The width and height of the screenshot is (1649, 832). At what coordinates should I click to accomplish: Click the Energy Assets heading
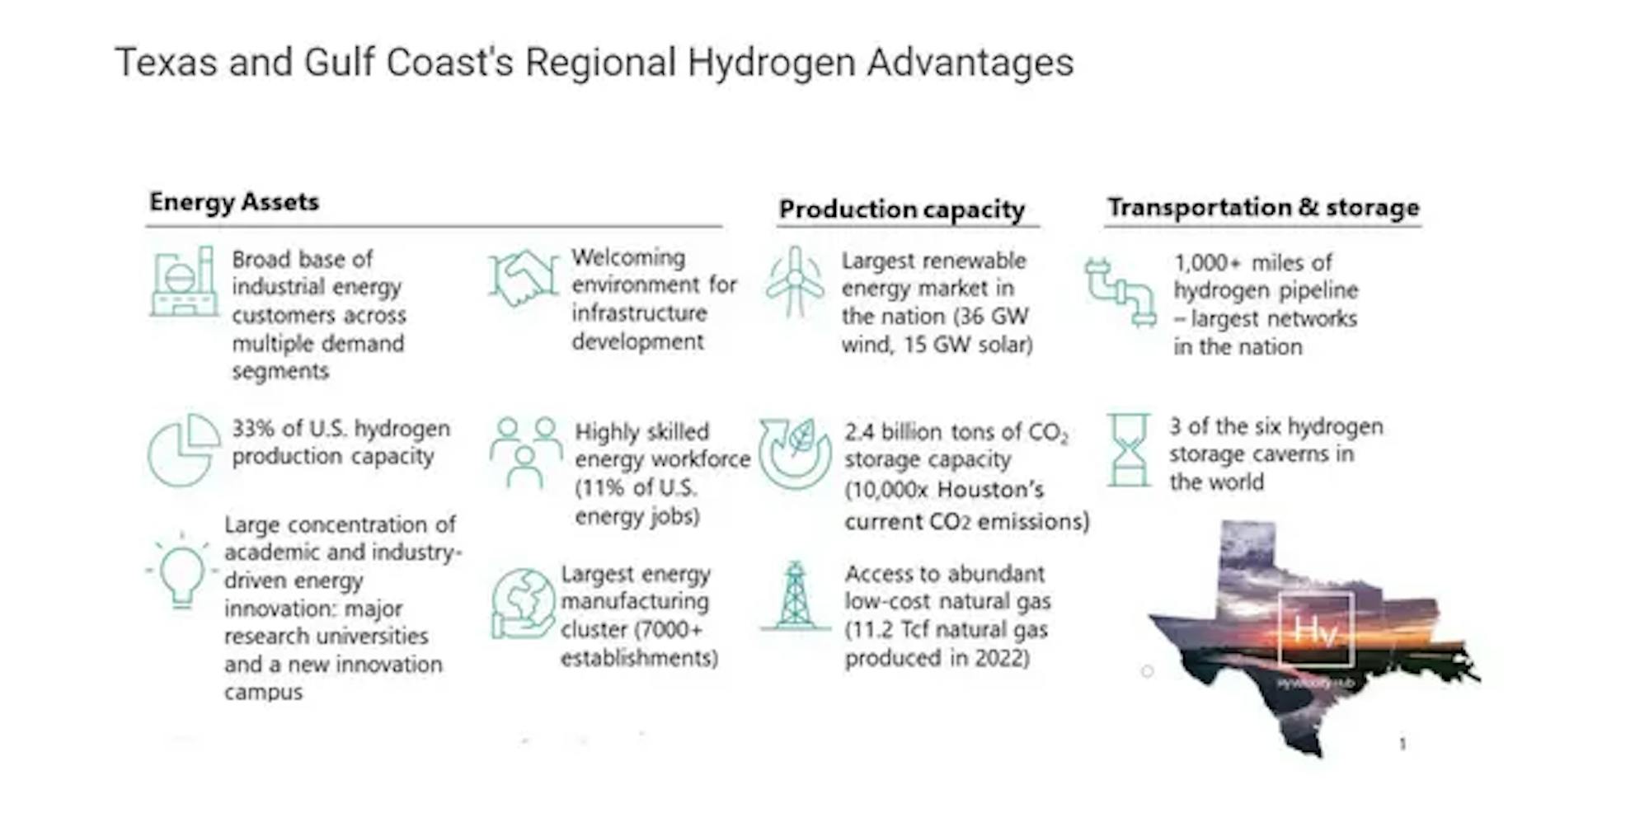click(x=234, y=202)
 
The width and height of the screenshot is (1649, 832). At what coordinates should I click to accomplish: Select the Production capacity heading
click(x=902, y=209)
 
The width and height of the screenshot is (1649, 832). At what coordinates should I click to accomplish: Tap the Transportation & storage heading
click(x=1263, y=207)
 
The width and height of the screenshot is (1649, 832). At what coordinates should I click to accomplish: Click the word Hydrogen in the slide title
click(x=771, y=63)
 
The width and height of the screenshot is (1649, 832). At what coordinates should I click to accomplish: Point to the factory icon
click(x=184, y=281)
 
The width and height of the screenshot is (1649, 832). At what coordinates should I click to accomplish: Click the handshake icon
click(x=523, y=278)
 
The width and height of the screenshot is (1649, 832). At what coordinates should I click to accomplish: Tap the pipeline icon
click(x=1120, y=293)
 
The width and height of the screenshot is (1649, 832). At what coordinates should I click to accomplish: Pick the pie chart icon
click(x=183, y=449)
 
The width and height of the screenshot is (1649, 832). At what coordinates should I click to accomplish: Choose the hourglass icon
click(x=1129, y=450)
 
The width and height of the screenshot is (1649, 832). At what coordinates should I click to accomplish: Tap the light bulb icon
click(x=182, y=571)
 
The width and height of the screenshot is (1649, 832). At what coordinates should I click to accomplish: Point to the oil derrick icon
click(x=795, y=596)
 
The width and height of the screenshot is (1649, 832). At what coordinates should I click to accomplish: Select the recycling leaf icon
click(x=795, y=454)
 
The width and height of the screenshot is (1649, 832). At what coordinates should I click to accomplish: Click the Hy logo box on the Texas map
click(x=1315, y=629)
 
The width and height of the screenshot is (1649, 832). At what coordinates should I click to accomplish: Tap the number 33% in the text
click(x=253, y=429)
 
